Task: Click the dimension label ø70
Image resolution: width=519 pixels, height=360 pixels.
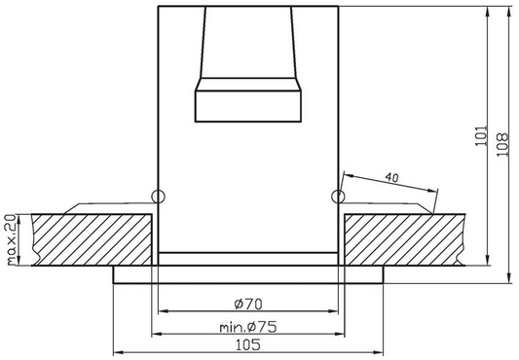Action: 249,303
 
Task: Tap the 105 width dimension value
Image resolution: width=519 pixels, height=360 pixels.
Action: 249,345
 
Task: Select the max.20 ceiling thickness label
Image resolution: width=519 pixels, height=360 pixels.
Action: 10,238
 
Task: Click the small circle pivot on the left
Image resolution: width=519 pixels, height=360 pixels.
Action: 160,197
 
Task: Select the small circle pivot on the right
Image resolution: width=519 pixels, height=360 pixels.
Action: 338,197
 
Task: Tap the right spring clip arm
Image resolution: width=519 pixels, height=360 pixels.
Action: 389,203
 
